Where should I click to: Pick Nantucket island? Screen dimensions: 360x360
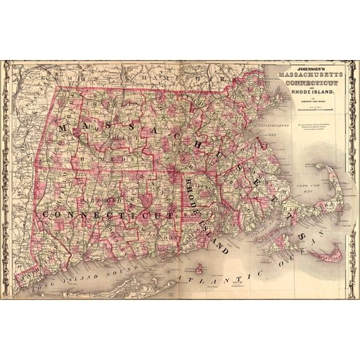pos(329,255)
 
